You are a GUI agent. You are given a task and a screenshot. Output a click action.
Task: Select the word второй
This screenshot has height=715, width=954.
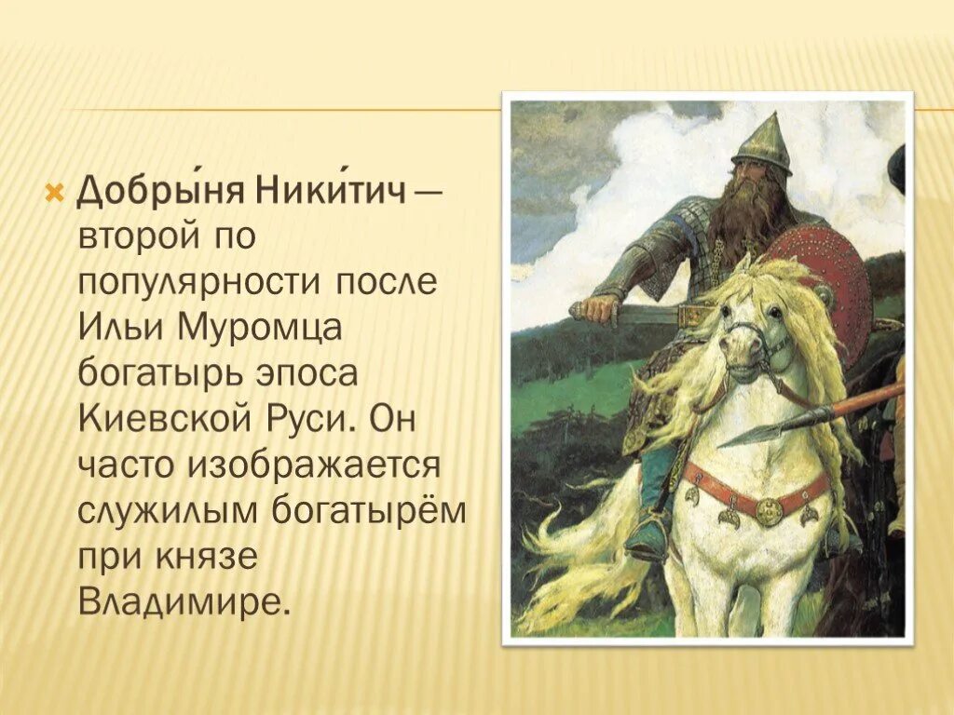(140, 236)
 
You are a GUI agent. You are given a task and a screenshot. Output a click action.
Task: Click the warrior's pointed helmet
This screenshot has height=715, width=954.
(762, 144)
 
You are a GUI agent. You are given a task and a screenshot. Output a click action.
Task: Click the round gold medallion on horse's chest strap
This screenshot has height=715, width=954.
(769, 510)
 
